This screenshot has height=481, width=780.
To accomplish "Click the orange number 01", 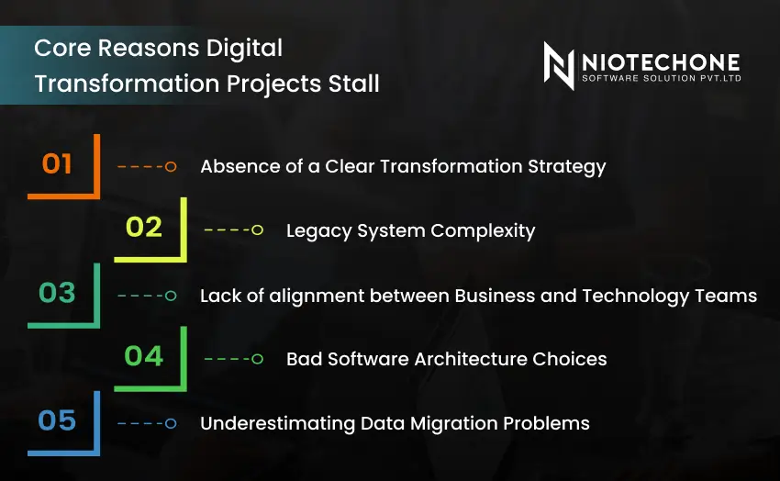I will [57, 164].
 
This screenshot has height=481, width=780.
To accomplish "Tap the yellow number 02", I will [144, 228].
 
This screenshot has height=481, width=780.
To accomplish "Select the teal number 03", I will [57, 293].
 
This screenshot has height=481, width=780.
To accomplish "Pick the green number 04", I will [144, 356].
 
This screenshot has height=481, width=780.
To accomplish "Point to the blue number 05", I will [57, 420].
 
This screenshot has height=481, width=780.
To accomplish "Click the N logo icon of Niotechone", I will [559, 65].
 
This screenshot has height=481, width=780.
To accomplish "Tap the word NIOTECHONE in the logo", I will [660, 62].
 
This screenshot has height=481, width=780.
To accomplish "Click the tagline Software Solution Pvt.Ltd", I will [660, 79].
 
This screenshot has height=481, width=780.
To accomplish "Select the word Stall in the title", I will [353, 84].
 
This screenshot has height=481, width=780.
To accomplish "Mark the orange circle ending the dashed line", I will [171, 167].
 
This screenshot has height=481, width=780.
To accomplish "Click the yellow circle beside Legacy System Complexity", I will [257, 230].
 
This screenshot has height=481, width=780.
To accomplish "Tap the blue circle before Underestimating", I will [171, 423].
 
